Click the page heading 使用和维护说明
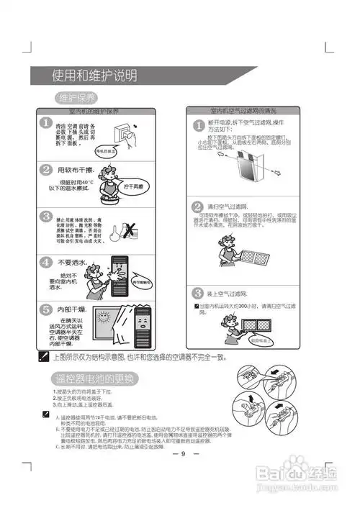pos(94,76)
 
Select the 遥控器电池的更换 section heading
pos(94,378)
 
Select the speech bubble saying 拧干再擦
pos(134,186)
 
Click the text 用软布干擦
pos(76,170)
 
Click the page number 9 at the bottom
pos(183,453)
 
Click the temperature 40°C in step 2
pos(90,181)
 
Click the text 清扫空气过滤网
pos(230,206)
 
